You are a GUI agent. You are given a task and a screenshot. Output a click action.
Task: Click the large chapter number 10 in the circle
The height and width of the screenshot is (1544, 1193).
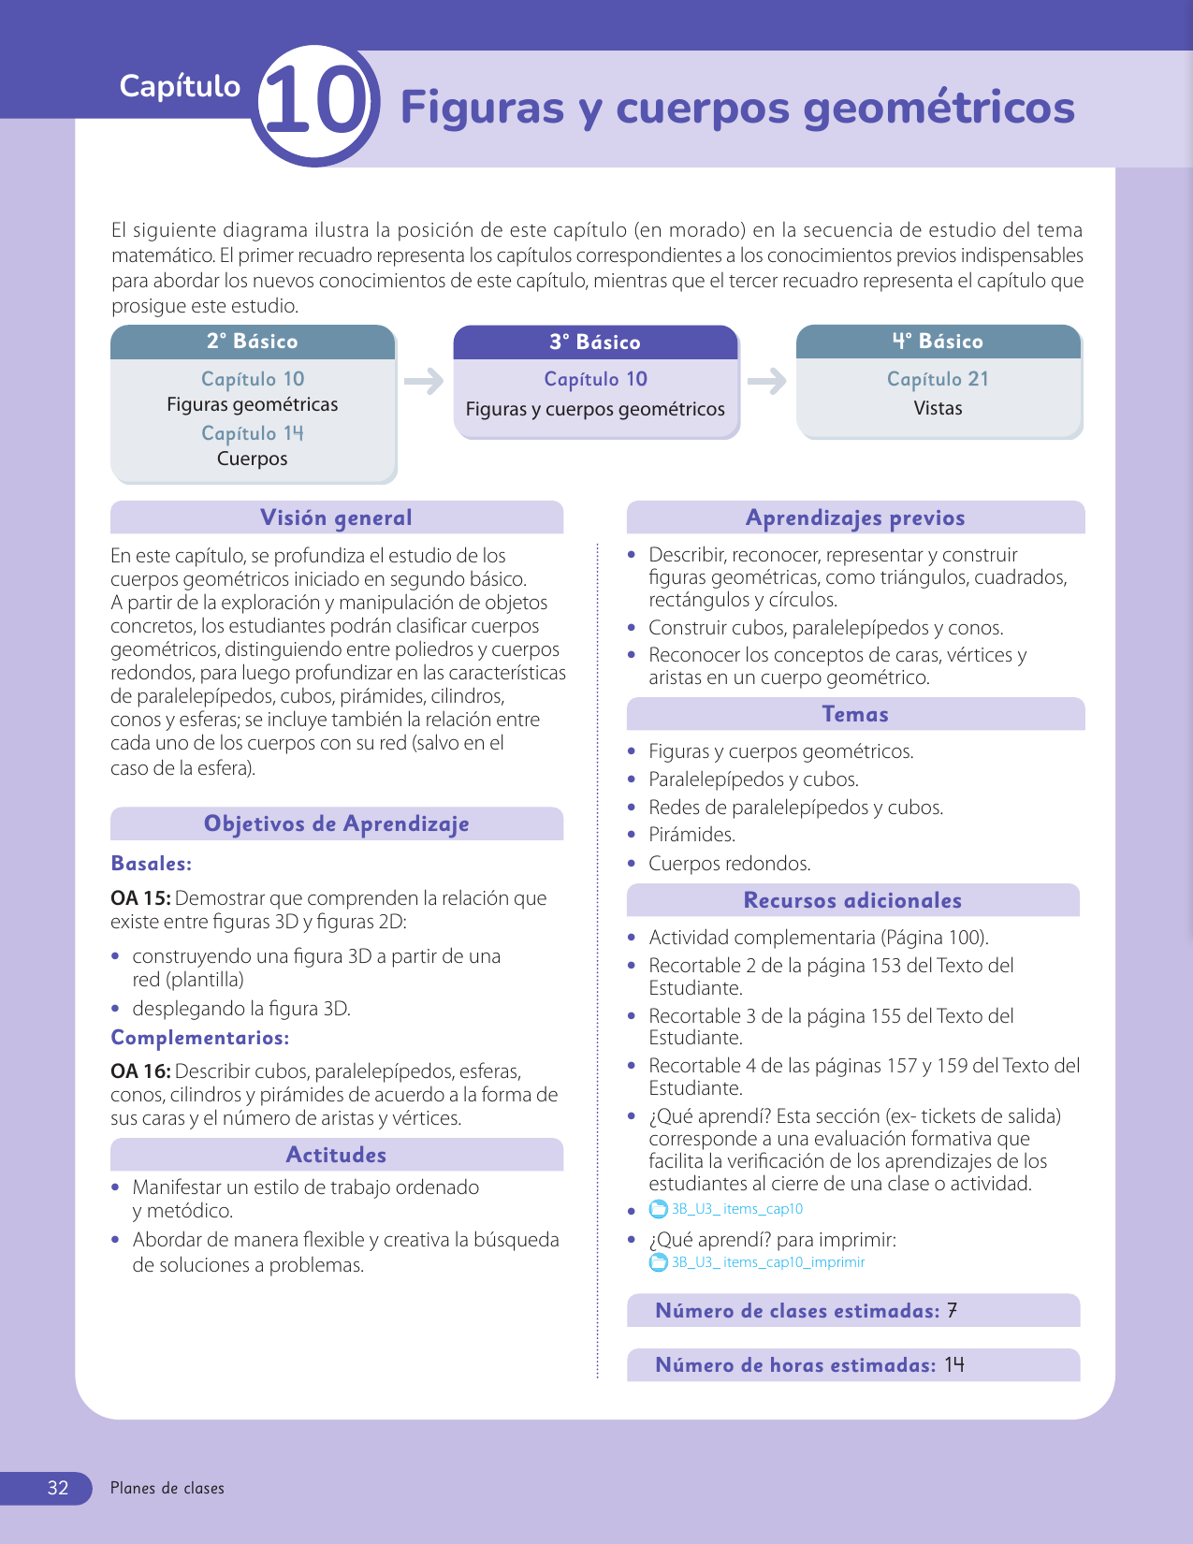click(x=315, y=104)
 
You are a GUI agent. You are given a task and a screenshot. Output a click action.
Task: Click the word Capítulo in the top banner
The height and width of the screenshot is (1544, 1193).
click(x=180, y=86)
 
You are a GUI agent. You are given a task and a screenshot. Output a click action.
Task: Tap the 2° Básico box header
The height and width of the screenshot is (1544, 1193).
click(x=253, y=342)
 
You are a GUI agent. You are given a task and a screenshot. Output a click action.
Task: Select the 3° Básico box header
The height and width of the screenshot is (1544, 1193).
click(x=595, y=342)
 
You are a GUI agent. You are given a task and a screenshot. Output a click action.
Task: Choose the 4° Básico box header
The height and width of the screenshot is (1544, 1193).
click(x=938, y=342)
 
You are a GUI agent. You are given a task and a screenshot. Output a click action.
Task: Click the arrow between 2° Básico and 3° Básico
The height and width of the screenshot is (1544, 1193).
click(x=424, y=381)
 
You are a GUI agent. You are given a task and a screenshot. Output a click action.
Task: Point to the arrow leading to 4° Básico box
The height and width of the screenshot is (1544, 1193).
click(x=767, y=381)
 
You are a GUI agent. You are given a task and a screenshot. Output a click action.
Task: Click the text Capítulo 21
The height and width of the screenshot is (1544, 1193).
click(x=938, y=379)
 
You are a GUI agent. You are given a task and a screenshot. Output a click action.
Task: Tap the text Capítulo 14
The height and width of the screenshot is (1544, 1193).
click(x=253, y=433)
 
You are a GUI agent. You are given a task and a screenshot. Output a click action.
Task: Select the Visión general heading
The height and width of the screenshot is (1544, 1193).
click(x=337, y=517)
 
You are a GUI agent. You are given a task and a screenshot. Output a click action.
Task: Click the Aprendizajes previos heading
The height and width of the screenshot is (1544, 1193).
click(x=855, y=517)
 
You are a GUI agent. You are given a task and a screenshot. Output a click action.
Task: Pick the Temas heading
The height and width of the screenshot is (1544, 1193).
click(x=855, y=714)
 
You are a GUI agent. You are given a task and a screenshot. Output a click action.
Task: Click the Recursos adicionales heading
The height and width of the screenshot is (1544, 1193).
click(x=852, y=900)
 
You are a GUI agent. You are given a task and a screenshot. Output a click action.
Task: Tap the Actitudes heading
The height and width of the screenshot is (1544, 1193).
click(x=337, y=1155)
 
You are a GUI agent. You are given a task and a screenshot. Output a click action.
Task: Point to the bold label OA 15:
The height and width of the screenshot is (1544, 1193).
click(x=140, y=898)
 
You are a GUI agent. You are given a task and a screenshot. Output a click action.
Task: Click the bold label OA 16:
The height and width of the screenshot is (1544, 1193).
click(x=140, y=1071)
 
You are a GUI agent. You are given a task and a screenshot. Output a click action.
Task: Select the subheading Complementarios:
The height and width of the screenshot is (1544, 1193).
click(x=200, y=1038)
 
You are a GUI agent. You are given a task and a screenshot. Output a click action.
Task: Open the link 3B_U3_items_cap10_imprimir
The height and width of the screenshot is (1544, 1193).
click(x=767, y=1262)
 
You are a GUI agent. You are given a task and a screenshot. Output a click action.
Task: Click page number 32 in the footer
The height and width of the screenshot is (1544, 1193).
click(x=58, y=1488)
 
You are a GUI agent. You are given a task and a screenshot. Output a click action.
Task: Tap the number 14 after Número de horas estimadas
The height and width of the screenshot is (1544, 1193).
click(x=954, y=1365)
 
